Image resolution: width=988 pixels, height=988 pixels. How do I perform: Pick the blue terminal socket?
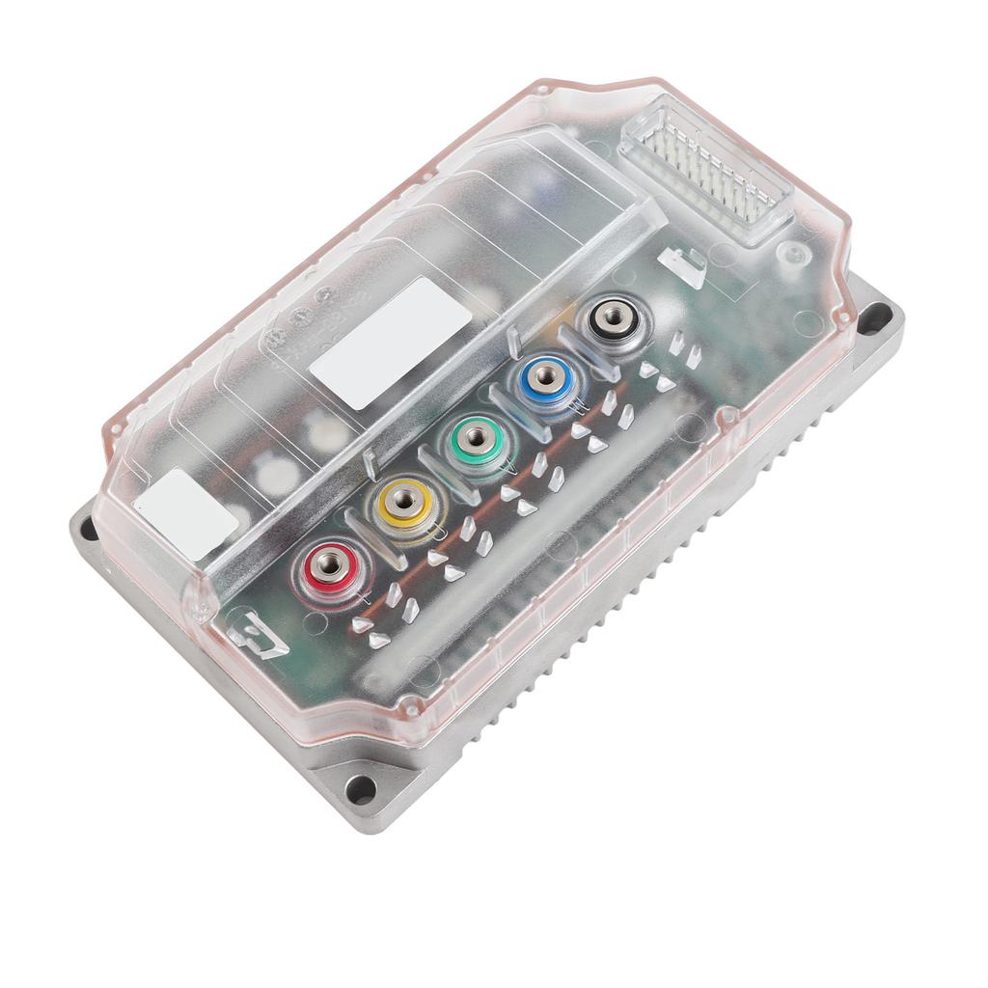coord(546,376)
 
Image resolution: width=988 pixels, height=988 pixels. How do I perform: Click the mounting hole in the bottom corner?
coord(361,788)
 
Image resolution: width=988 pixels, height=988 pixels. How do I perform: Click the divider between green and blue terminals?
coord(512,410)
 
